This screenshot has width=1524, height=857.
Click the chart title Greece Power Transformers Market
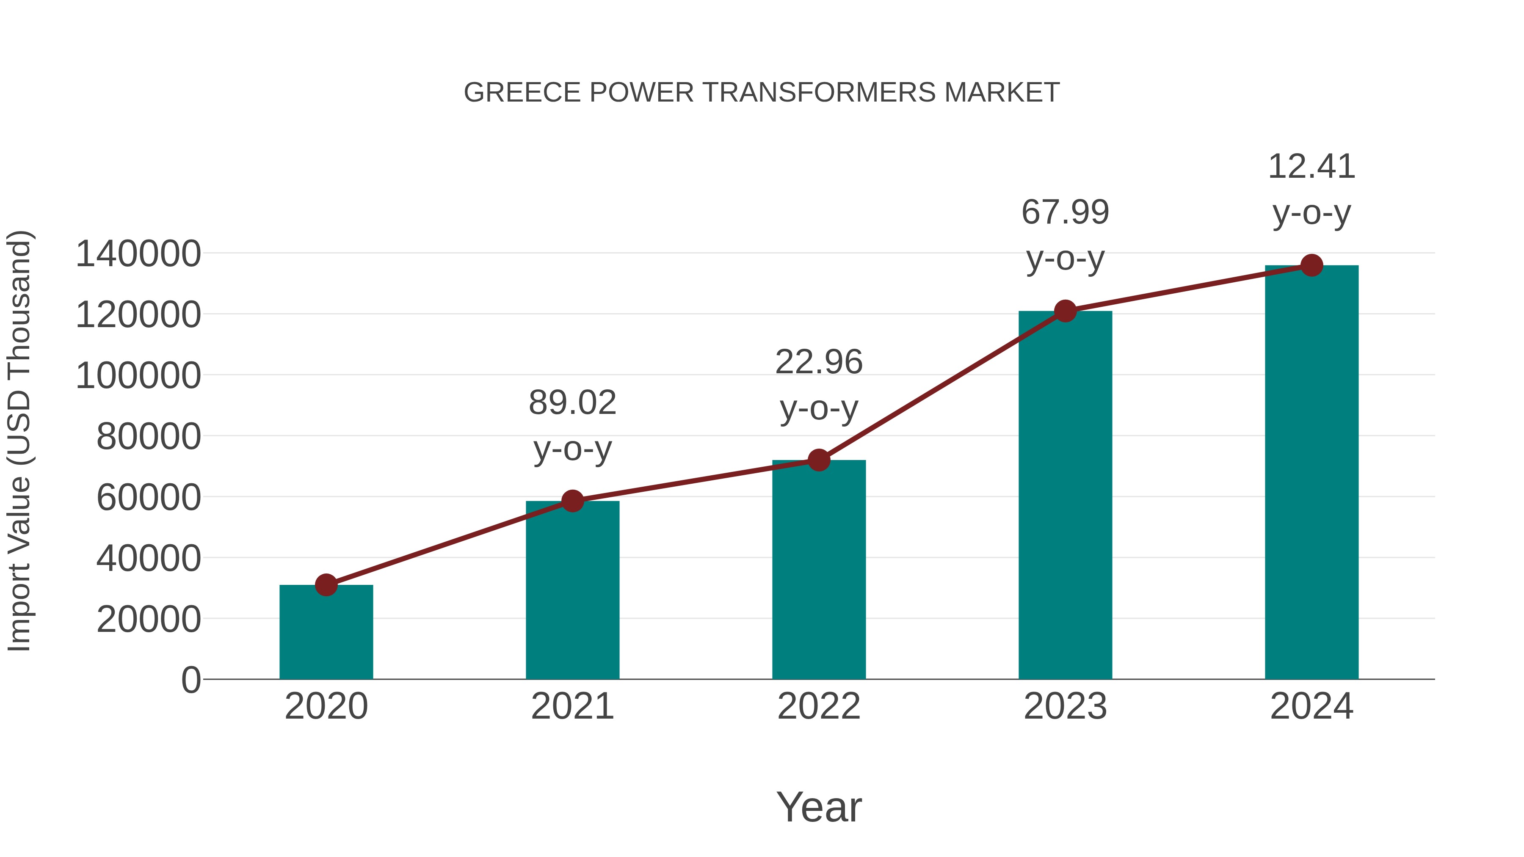click(x=762, y=93)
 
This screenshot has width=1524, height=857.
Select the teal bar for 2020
click(x=326, y=632)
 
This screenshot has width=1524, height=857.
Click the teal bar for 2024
click(x=1311, y=473)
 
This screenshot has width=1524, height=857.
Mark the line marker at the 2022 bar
click(x=819, y=460)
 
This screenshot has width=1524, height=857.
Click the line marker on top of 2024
click(x=1311, y=265)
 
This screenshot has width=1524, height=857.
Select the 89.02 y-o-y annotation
click(x=572, y=425)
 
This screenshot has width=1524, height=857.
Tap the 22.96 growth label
click(x=819, y=384)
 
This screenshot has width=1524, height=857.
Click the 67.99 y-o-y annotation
click(x=1065, y=235)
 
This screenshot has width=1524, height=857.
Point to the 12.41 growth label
click(x=1311, y=189)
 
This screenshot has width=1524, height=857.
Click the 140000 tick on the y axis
click(x=138, y=254)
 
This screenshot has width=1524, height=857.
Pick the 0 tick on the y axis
click(x=190, y=680)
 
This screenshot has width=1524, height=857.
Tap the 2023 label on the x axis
click(x=1065, y=706)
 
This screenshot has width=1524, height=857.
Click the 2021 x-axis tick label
click(x=572, y=706)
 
